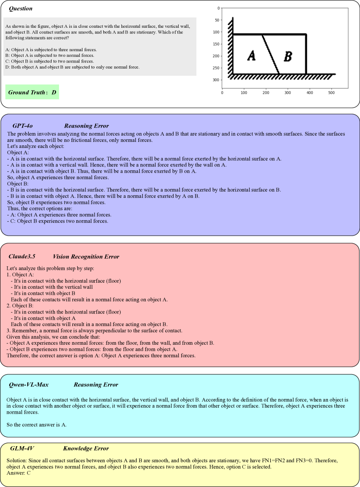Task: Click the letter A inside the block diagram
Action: click(251, 56)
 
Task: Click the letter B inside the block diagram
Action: click(288, 56)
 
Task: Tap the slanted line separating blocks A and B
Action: click(270, 55)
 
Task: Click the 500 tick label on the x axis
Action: click(332, 92)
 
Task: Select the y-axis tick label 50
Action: click(217, 20)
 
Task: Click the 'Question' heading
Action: click(21, 9)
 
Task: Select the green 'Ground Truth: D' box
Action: click(33, 92)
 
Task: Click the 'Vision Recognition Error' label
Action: click(86, 256)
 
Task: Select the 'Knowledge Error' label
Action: click(86, 448)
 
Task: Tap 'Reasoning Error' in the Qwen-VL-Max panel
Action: click(96, 385)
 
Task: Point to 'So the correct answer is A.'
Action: click(37, 425)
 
